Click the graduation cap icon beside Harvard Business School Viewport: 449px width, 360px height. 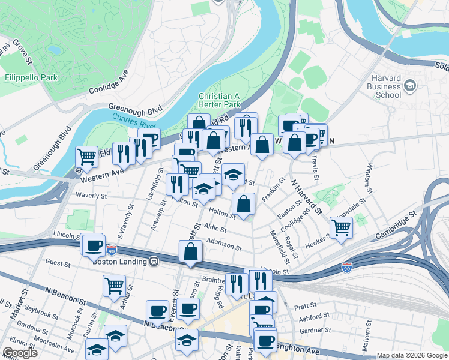coord(411,85)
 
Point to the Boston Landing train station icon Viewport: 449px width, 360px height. coord(154,262)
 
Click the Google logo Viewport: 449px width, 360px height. coord(20,353)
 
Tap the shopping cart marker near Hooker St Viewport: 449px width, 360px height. coord(340,227)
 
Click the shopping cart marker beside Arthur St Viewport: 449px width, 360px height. coord(113,285)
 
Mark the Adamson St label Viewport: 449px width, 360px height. coord(223,245)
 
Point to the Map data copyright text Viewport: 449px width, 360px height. coord(411,355)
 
